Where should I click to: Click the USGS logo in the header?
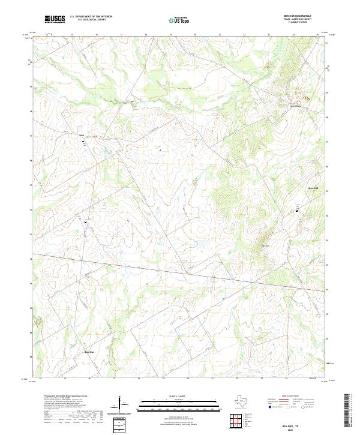click(55, 19)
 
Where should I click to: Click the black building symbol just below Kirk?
click(83, 142)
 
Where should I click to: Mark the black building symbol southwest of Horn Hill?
click(296, 211)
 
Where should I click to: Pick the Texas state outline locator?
click(242, 401)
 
